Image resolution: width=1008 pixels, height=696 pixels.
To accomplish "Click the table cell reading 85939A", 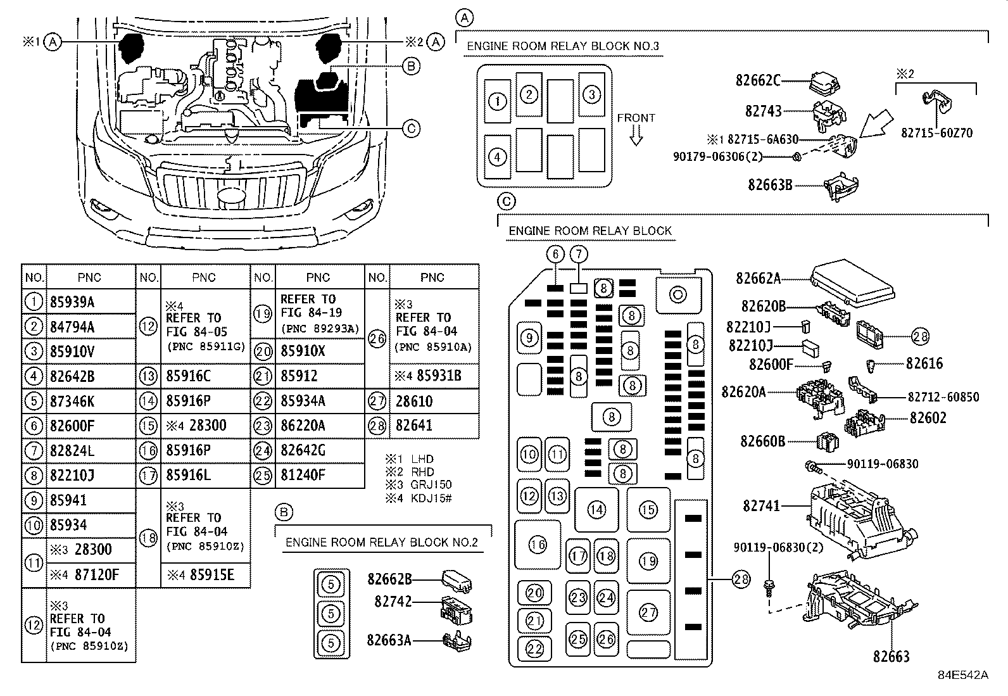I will [x=72, y=302].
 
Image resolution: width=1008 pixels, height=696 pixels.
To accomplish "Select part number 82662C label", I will [x=758, y=80].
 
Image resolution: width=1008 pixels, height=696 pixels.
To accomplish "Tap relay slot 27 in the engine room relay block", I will [x=648, y=612].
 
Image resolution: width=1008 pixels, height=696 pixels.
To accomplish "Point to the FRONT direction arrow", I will [x=636, y=135].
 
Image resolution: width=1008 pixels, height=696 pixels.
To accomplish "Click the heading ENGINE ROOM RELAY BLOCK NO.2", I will [x=381, y=543].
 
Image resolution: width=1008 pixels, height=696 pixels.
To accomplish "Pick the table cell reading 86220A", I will [x=303, y=426].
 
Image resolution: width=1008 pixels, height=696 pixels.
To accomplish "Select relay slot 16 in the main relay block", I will [x=538, y=545].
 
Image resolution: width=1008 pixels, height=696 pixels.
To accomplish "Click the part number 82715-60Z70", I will [x=936, y=133].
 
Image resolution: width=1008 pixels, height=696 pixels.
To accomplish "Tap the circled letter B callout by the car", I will [x=411, y=66].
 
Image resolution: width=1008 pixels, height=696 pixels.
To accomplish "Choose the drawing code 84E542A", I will [x=963, y=675].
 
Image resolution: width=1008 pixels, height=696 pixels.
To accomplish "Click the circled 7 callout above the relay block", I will [x=579, y=255].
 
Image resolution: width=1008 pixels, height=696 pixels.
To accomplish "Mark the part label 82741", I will [x=761, y=505].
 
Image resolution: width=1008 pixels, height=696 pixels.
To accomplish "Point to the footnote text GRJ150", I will [x=431, y=484].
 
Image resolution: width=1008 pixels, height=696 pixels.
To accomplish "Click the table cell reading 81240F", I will [x=303, y=475].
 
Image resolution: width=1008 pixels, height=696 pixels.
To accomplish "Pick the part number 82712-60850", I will [x=943, y=397].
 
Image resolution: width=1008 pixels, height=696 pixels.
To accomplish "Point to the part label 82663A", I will [x=389, y=640].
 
